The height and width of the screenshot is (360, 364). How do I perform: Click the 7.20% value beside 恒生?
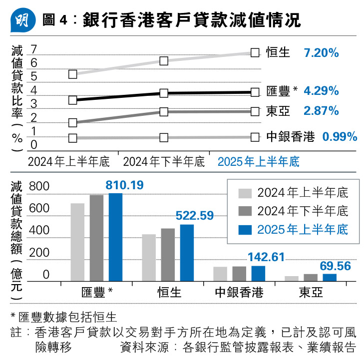pyautogui.click(x=322, y=52)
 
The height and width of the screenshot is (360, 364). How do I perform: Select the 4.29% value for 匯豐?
pyautogui.click(x=322, y=91)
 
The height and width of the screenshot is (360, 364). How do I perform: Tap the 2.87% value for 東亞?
pyautogui.click(x=322, y=110)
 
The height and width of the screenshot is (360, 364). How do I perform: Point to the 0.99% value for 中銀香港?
pyautogui.click(x=340, y=136)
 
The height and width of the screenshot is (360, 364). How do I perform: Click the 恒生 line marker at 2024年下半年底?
pyautogui.click(x=164, y=61)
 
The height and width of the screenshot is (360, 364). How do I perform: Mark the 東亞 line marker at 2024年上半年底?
pyautogui.click(x=73, y=122)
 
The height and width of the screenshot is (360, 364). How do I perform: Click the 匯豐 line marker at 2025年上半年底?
pyautogui.click(x=255, y=92)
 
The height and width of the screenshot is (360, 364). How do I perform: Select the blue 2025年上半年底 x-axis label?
pyautogui.click(x=258, y=161)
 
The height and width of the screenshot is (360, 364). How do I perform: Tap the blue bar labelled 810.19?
pyautogui.click(x=115, y=237)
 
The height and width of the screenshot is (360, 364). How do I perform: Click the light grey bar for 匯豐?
pyautogui.click(x=77, y=242)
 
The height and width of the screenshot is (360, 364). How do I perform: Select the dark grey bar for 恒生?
pyautogui.click(x=168, y=255)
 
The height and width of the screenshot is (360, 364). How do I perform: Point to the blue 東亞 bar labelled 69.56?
pyautogui.click(x=330, y=278)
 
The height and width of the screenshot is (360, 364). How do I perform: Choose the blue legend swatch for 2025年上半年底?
pyautogui.click(x=245, y=229)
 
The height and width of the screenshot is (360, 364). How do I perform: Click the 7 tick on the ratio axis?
pyautogui.click(x=34, y=49)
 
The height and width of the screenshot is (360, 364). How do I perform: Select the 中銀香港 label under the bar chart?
pyautogui.click(x=239, y=292)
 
